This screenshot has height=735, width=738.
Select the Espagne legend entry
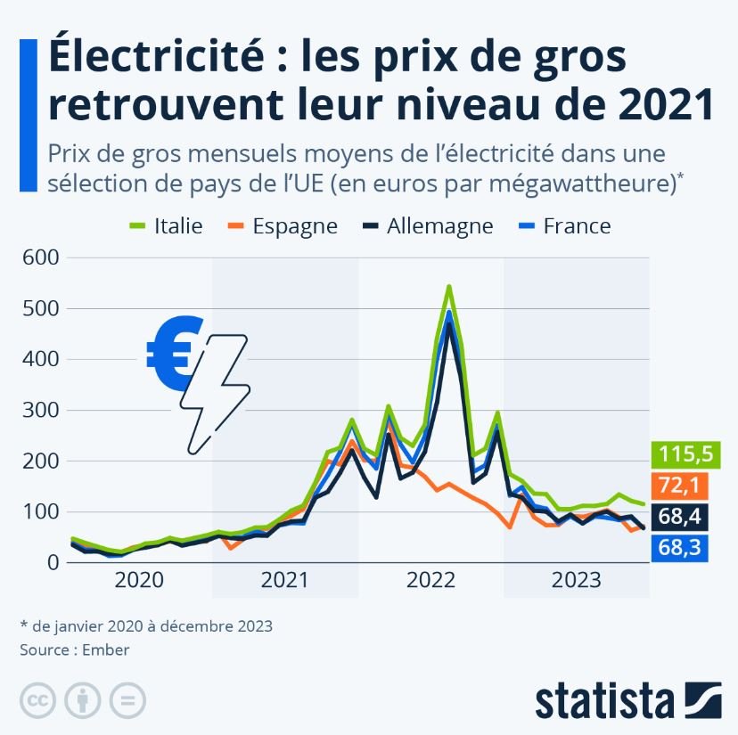[x=283, y=225]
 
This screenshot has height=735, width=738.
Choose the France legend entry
[x=563, y=225]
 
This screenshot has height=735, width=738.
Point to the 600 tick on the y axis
[x=39, y=257]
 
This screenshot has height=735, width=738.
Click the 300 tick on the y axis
[x=39, y=410]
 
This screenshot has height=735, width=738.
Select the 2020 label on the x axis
[x=140, y=582]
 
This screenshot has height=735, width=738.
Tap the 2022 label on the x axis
[x=430, y=582]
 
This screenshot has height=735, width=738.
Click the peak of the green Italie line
[x=448, y=287]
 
